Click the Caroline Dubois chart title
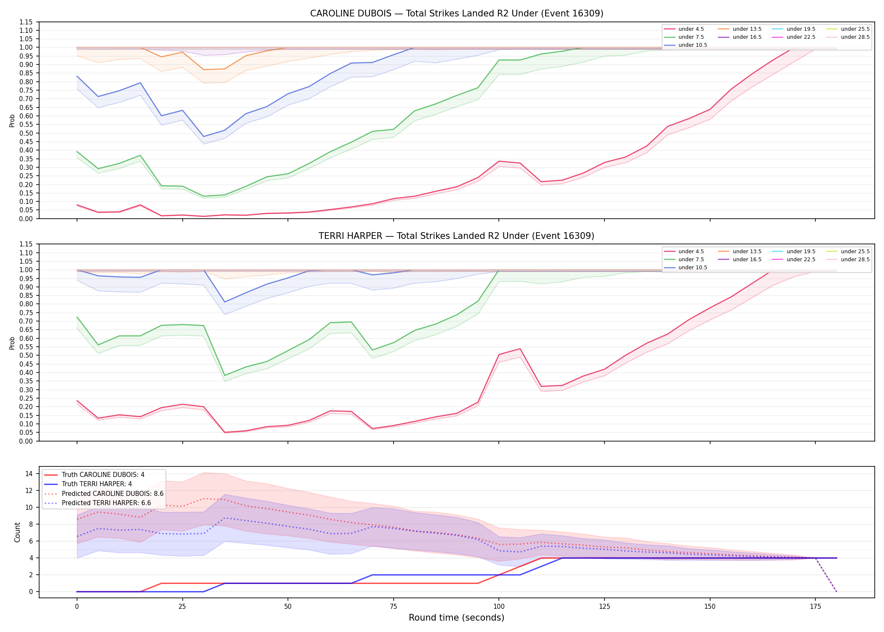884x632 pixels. coord(457,13)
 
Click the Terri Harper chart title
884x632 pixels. coord(457,236)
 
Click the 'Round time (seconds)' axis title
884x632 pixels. coord(457,618)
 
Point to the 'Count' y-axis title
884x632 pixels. coord(17,532)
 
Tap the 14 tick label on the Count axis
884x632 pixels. coord(29,474)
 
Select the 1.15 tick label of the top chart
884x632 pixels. coord(26,22)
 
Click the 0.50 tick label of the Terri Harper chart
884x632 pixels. coord(26,355)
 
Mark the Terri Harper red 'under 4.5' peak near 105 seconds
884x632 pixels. coord(520,349)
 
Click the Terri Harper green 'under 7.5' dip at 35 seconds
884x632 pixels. coord(225,375)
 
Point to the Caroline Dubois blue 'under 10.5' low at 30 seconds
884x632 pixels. coord(204,137)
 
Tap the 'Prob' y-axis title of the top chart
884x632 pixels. coord(12,121)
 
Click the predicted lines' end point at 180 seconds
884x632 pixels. coord(836,592)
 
